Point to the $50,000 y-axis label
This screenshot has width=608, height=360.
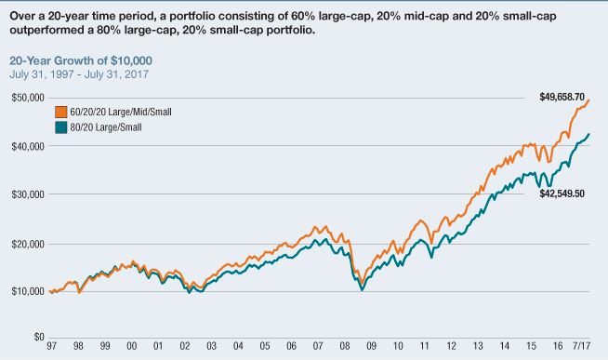coord(26,97)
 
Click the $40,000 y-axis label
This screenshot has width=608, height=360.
coord(26,146)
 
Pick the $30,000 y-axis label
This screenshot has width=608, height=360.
coord(26,194)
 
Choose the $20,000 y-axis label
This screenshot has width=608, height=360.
coord(26,243)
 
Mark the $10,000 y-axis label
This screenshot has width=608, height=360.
coord(26,291)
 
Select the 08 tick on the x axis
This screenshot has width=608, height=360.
coord(347,348)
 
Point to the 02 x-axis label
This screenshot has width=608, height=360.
coord(186,348)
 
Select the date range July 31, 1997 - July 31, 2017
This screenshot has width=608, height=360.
coord(85,73)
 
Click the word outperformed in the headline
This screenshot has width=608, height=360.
coord(44,31)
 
